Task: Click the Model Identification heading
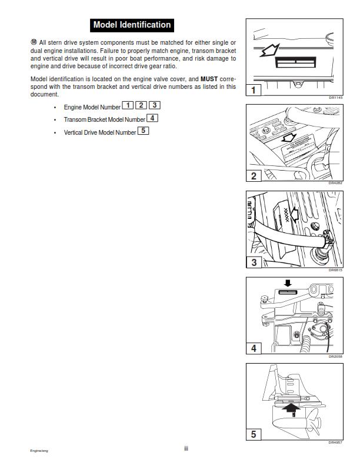click(x=132, y=25)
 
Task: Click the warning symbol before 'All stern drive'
click(x=33, y=42)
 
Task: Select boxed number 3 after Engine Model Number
click(x=155, y=105)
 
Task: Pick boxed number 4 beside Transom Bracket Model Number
click(x=153, y=118)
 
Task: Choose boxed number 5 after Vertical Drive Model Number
click(x=144, y=131)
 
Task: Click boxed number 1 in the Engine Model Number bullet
click(x=128, y=105)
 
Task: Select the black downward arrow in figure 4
click(x=287, y=283)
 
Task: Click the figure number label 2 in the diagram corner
click(x=253, y=175)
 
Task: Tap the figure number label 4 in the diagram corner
click(x=253, y=348)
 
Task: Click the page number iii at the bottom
click(x=186, y=448)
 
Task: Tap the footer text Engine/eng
click(x=40, y=451)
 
